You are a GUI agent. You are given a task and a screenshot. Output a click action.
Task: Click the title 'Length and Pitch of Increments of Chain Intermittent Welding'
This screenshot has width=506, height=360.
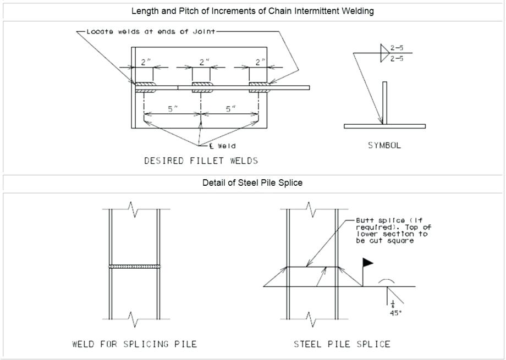point(252,11)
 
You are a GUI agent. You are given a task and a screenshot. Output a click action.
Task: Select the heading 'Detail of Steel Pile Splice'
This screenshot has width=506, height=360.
point(252,183)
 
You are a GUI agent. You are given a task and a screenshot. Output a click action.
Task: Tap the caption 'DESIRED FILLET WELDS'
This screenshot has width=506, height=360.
point(201,161)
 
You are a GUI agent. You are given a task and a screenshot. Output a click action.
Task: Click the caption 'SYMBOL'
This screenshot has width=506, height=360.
point(384,146)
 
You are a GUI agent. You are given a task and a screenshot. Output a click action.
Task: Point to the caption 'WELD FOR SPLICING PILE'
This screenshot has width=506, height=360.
point(135,345)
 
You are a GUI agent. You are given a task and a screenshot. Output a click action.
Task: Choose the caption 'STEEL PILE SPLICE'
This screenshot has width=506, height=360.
point(342,345)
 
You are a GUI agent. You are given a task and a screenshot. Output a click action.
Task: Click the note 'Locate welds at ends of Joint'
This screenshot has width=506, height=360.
point(152,32)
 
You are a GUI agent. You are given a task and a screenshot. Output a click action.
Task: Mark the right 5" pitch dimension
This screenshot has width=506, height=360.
point(230,109)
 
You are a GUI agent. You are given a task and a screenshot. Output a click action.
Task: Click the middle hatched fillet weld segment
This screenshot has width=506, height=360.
point(201,87)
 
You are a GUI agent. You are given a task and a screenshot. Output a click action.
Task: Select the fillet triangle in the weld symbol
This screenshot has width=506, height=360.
point(384,53)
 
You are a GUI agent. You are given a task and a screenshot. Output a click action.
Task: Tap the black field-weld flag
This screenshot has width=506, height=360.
point(367,263)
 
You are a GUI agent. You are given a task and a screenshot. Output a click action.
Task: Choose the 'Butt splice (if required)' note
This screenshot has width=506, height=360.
point(392,230)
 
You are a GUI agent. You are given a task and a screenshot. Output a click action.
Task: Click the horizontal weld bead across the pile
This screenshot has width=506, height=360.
point(135,267)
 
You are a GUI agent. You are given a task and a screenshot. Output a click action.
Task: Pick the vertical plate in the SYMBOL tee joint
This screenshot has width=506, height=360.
point(385,103)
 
